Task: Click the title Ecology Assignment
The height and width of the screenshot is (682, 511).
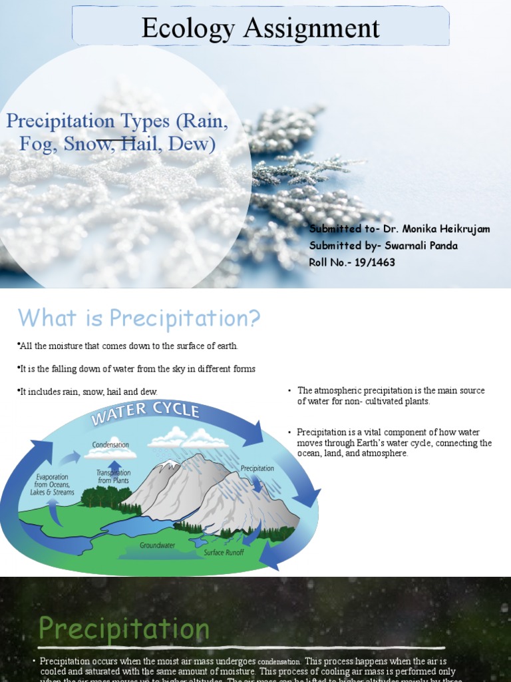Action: tap(260, 28)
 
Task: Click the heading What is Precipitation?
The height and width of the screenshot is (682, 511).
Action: tap(138, 318)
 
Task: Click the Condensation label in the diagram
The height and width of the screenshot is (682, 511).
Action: tap(110, 444)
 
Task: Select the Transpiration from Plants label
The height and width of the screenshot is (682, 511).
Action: tap(113, 476)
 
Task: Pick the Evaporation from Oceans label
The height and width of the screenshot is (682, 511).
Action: tap(53, 484)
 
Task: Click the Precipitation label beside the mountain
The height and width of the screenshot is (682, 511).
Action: tap(257, 468)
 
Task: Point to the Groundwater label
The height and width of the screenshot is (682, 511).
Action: tap(156, 545)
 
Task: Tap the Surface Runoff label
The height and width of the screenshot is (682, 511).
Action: tap(224, 552)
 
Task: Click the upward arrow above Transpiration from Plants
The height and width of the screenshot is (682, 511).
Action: tap(115, 464)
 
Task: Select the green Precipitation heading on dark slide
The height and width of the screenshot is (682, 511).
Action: tap(124, 629)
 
